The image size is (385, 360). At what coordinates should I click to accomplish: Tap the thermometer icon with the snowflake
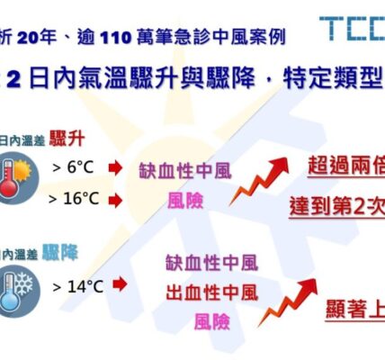tap(20, 289)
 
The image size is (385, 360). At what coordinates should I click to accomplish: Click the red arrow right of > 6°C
tap(114, 167)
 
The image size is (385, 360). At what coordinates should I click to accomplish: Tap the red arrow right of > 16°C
tap(114, 199)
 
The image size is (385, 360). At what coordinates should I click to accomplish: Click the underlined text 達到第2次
tap(338, 204)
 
